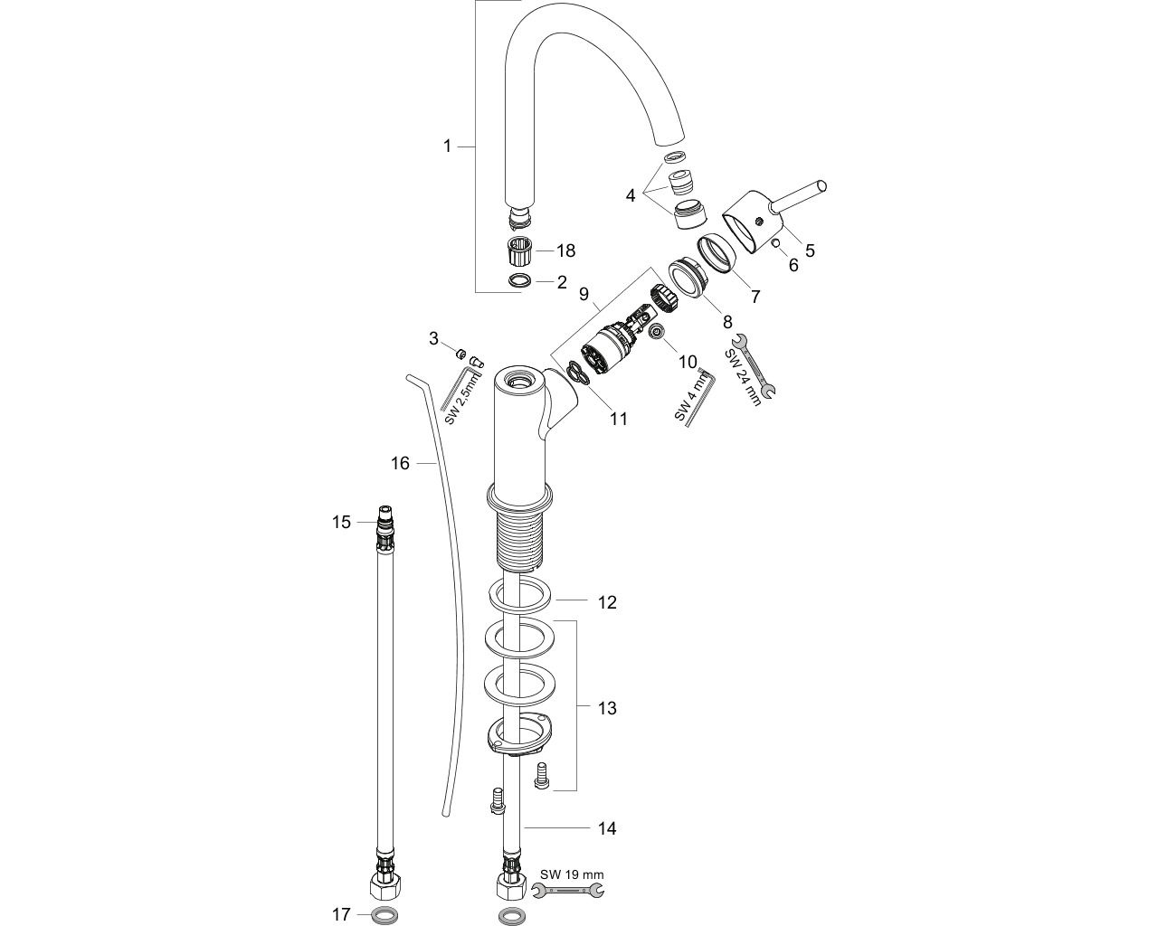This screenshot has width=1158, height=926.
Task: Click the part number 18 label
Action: pyautogui.click(x=565, y=250)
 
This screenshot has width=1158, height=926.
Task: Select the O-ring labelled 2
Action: pyautogui.click(x=519, y=281)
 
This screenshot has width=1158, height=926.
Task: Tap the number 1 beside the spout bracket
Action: pyautogui.click(x=447, y=146)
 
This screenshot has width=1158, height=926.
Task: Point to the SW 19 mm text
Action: pyautogui.click(x=572, y=874)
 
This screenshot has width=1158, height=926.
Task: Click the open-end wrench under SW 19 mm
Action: pyautogui.click(x=569, y=893)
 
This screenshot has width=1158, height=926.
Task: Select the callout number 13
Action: pyautogui.click(x=607, y=708)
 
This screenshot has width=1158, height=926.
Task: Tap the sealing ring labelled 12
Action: pyautogui.click(x=520, y=598)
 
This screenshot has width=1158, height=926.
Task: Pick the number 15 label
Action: pyautogui.click(x=341, y=522)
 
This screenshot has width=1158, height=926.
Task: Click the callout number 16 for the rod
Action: pyautogui.click(x=400, y=464)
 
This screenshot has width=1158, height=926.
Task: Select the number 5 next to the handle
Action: pyautogui.click(x=810, y=250)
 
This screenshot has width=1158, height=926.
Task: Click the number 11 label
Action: pyautogui.click(x=618, y=419)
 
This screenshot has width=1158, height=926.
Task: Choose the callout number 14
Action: pyautogui.click(x=607, y=828)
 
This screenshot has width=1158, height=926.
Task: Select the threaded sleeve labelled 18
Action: pyautogui.click(x=519, y=250)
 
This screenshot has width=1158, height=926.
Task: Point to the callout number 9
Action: pyautogui.click(x=584, y=294)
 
